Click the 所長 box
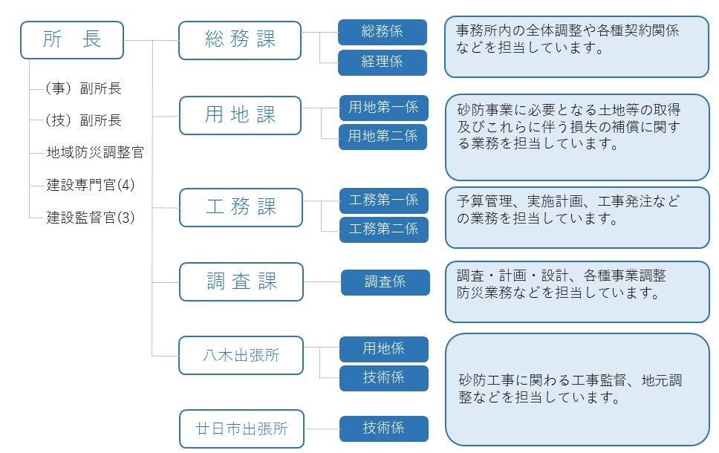pyautogui.click(x=72, y=40)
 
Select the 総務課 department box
pyautogui.click(x=240, y=40)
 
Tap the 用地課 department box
pyautogui.click(x=240, y=115)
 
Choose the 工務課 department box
pyautogui.click(x=241, y=207)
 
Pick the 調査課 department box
pyautogui.click(x=241, y=281)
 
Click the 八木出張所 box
pyautogui.click(x=241, y=355)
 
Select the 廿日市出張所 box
pyautogui.click(x=241, y=428)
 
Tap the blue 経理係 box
pyautogui.click(x=383, y=62)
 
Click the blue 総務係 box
pyautogui.click(x=383, y=32)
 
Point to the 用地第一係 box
pyautogui.click(x=383, y=107)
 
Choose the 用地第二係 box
pyautogui.click(x=383, y=137)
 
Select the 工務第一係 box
pyautogui.click(x=384, y=200)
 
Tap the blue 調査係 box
pyautogui.click(x=385, y=282)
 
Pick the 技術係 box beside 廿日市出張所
pyautogui.click(x=384, y=428)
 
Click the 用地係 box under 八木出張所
pyautogui.click(x=384, y=348)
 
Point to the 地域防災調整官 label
pyautogui.click(x=95, y=153)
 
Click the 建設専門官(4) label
pyautogui.click(x=91, y=186)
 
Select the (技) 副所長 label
pyautogui.click(x=83, y=120)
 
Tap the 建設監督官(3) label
pyautogui.click(x=91, y=218)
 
